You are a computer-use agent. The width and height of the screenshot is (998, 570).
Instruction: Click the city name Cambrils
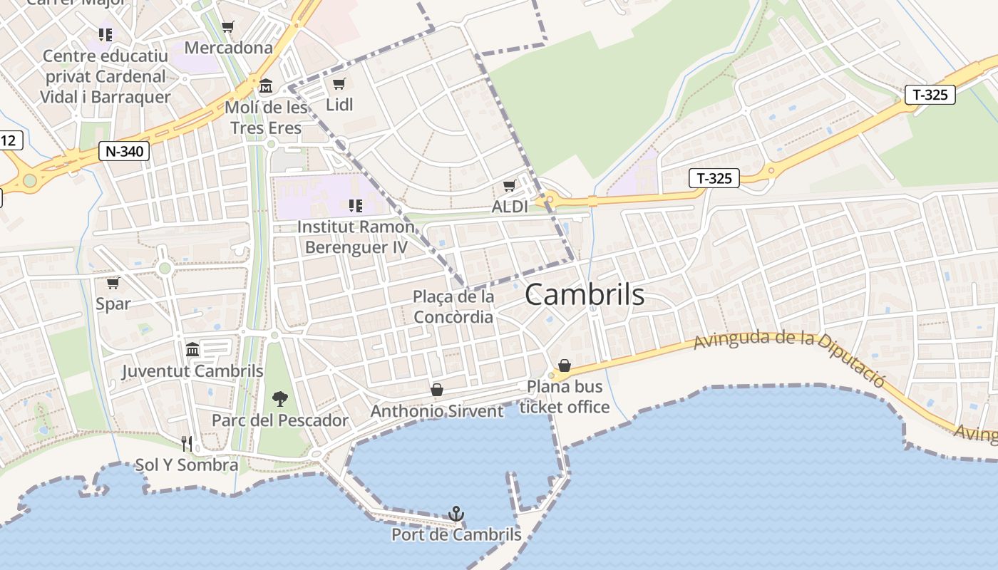point(585,295)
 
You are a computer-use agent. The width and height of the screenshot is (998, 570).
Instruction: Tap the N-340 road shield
point(123,151)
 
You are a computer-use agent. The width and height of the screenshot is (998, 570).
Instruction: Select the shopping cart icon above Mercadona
point(227,27)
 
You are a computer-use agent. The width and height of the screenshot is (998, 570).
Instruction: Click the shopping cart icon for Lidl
point(339,84)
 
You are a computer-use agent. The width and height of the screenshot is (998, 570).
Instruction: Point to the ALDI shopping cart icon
point(509,186)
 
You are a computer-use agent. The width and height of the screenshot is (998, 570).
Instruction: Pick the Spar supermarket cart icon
point(113,283)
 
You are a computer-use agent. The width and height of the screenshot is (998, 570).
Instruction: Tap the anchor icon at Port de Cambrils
point(456,514)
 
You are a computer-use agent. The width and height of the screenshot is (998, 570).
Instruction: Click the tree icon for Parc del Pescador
point(280,399)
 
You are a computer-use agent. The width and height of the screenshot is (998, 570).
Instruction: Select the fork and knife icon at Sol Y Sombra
point(187,444)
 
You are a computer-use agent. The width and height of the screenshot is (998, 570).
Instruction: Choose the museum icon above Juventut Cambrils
point(192,350)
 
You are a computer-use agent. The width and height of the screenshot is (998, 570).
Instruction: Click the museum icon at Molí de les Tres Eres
point(266,86)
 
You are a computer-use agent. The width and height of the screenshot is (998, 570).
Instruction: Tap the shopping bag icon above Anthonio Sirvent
point(437,390)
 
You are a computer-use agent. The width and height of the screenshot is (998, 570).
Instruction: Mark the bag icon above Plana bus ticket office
point(565,366)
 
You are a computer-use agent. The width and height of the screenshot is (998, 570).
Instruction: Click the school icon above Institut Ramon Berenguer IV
point(355,206)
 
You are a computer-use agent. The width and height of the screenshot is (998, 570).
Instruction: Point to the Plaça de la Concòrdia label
point(453,306)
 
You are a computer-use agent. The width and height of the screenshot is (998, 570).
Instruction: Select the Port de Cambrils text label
point(456,534)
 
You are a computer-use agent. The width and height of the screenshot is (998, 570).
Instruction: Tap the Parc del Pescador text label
point(280,420)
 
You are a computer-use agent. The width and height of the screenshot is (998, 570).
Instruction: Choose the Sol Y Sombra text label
point(187,465)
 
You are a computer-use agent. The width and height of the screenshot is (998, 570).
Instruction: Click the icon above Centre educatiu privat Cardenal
point(106,34)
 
